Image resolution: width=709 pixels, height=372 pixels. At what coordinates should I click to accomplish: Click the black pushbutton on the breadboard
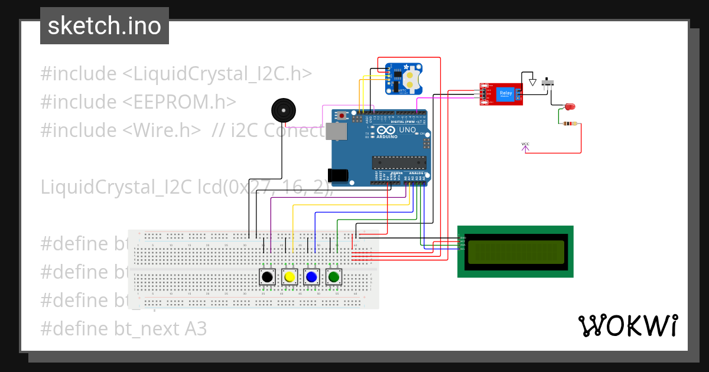click(268, 276)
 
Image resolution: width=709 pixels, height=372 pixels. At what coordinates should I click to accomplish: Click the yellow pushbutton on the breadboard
click(290, 276)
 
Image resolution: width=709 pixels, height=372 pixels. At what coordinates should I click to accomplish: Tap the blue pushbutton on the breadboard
click(311, 276)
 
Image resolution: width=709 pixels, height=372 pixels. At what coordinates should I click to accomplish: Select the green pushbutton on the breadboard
click(334, 276)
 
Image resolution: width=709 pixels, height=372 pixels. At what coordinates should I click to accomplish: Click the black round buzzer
click(282, 111)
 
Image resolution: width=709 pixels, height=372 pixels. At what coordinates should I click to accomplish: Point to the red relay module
click(501, 94)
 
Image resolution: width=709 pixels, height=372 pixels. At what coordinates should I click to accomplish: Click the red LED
click(570, 107)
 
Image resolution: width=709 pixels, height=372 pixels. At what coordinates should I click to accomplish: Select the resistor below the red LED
click(570, 124)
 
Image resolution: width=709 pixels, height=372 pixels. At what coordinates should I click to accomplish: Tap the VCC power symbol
click(525, 146)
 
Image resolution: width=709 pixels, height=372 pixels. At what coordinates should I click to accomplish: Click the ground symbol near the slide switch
click(532, 83)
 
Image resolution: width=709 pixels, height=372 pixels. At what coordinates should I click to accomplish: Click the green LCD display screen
click(515, 252)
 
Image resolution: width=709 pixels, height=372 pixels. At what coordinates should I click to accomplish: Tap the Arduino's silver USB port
click(335, 132)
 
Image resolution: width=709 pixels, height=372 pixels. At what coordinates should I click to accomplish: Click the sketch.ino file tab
click(105, 26)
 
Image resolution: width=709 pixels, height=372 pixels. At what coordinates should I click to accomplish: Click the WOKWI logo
click(628, 325)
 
